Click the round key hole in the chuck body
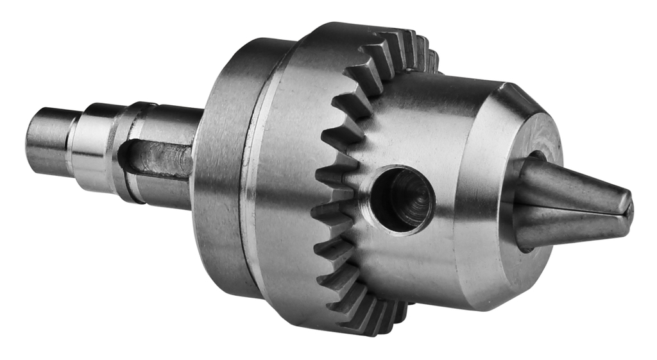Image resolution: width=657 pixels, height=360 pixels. (402, 200)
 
